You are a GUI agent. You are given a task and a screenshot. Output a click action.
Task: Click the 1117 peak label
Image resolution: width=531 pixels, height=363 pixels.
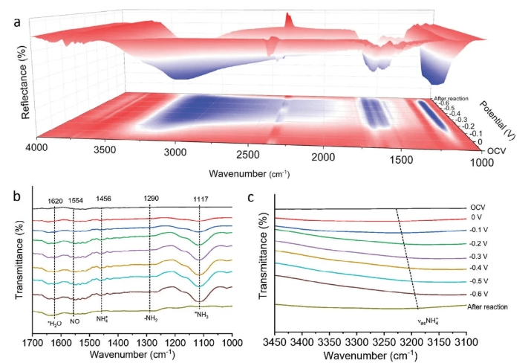pos(200,200)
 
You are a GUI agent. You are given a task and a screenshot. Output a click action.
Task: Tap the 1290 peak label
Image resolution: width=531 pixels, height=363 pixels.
pos(151,200)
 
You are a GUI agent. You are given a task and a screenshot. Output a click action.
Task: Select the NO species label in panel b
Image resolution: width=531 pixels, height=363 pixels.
pos(74,322)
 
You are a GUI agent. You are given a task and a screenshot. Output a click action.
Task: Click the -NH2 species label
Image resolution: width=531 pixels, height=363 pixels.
pos(149,322)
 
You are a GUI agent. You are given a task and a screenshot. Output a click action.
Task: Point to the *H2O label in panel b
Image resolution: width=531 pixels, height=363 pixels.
pos(53,322)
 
